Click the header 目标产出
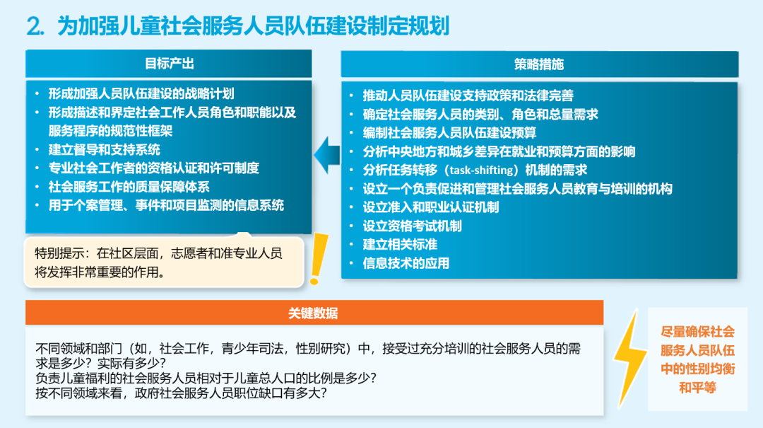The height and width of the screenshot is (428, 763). click(170, 64)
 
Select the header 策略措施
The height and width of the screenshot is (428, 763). click(539, 64)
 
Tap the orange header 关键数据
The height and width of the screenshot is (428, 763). click(313, 313)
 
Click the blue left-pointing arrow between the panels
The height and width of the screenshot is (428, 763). click(327, 155)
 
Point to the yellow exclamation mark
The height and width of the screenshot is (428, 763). click(318, 259)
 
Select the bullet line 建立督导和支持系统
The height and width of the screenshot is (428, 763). click(104, 150)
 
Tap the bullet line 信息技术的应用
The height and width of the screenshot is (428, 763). click(406, 263)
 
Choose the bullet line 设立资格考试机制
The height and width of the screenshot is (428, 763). click(412, 226)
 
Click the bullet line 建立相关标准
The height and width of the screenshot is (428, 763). click(400, 245)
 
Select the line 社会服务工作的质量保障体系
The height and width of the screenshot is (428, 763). click(129, 187)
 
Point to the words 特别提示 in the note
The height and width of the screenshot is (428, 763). click(59, 253)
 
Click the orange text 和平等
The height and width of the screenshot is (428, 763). click(697, 388)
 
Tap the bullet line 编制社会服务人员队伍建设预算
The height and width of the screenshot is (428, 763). click(449, 132)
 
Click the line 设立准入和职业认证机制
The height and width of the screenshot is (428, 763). click(431, 207)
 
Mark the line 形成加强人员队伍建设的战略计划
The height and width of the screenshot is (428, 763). click(141, 93)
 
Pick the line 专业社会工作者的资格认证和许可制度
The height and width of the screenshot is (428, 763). click(154, 168)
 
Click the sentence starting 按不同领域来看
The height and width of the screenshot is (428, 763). click(181, 393)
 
